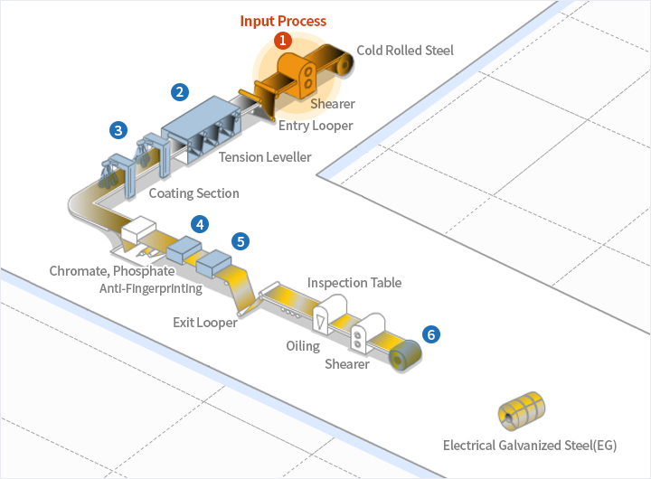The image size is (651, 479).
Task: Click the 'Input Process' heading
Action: coord(283,21)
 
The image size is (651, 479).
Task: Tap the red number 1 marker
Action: coord(283,40)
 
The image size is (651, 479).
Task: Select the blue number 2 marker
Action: coord(181,91)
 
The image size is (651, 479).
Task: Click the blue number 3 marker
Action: coord(118,129)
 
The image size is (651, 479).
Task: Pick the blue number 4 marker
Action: coord(200,223)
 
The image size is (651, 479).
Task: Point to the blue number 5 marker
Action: coord(240,241)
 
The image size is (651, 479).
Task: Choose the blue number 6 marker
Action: coord(431,334)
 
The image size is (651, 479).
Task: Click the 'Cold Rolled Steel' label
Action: coord(404,50)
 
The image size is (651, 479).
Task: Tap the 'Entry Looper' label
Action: coord(316,126)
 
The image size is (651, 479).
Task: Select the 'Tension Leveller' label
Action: coord(265,157)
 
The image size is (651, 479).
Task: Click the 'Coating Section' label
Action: coord(193,193)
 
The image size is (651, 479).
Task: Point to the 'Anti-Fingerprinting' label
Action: coord(151,288)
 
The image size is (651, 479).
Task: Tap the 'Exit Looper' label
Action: coord(205,322)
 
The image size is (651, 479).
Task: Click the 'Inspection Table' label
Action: coord(354,283)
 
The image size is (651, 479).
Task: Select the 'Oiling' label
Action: coord(303,346)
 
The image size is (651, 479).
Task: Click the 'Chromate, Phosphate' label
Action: coord(112,271)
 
